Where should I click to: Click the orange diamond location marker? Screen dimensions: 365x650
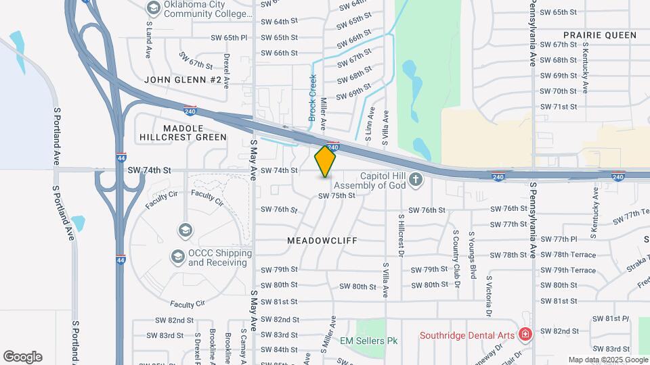pyautogui.click(x=325, y=162)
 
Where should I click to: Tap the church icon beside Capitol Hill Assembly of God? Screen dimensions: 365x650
pyautogui.click(x=416, y=179)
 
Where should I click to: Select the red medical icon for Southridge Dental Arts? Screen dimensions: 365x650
pyautogui.click(x=524, y=335)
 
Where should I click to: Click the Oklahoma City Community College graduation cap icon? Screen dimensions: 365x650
pyautogui.click(x=153, y=7)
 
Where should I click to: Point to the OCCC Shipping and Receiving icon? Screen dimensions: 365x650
pyautogui.click(x=177, y=256)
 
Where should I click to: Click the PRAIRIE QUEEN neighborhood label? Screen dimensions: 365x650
pyautogui.click(x=600, y=34)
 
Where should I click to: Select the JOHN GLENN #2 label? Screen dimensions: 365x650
pyautogui.click(x=183, y=80)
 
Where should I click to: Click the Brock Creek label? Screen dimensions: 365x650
pyautogui.click(x=313, y=98)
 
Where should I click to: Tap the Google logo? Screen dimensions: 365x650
pyautogui.click(x=22, y=356)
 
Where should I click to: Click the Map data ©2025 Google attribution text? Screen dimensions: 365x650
pyautogui.click(x=608, y=360)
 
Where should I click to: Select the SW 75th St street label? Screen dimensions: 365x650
pyautogui.click(x=337, y=195)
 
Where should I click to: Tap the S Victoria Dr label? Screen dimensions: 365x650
pyautogui.click(x=487, y=295)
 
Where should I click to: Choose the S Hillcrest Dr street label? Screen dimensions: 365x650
pyautogui.click(x=401, y=239)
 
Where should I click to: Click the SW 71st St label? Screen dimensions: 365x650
pyautogui.click(x=558, y=107)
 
